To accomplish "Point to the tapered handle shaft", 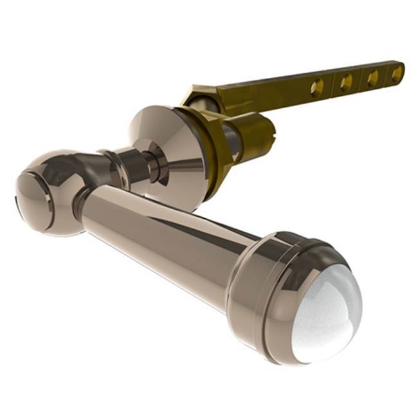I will [x=167, y=238].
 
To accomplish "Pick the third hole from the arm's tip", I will [x=346, y=82].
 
